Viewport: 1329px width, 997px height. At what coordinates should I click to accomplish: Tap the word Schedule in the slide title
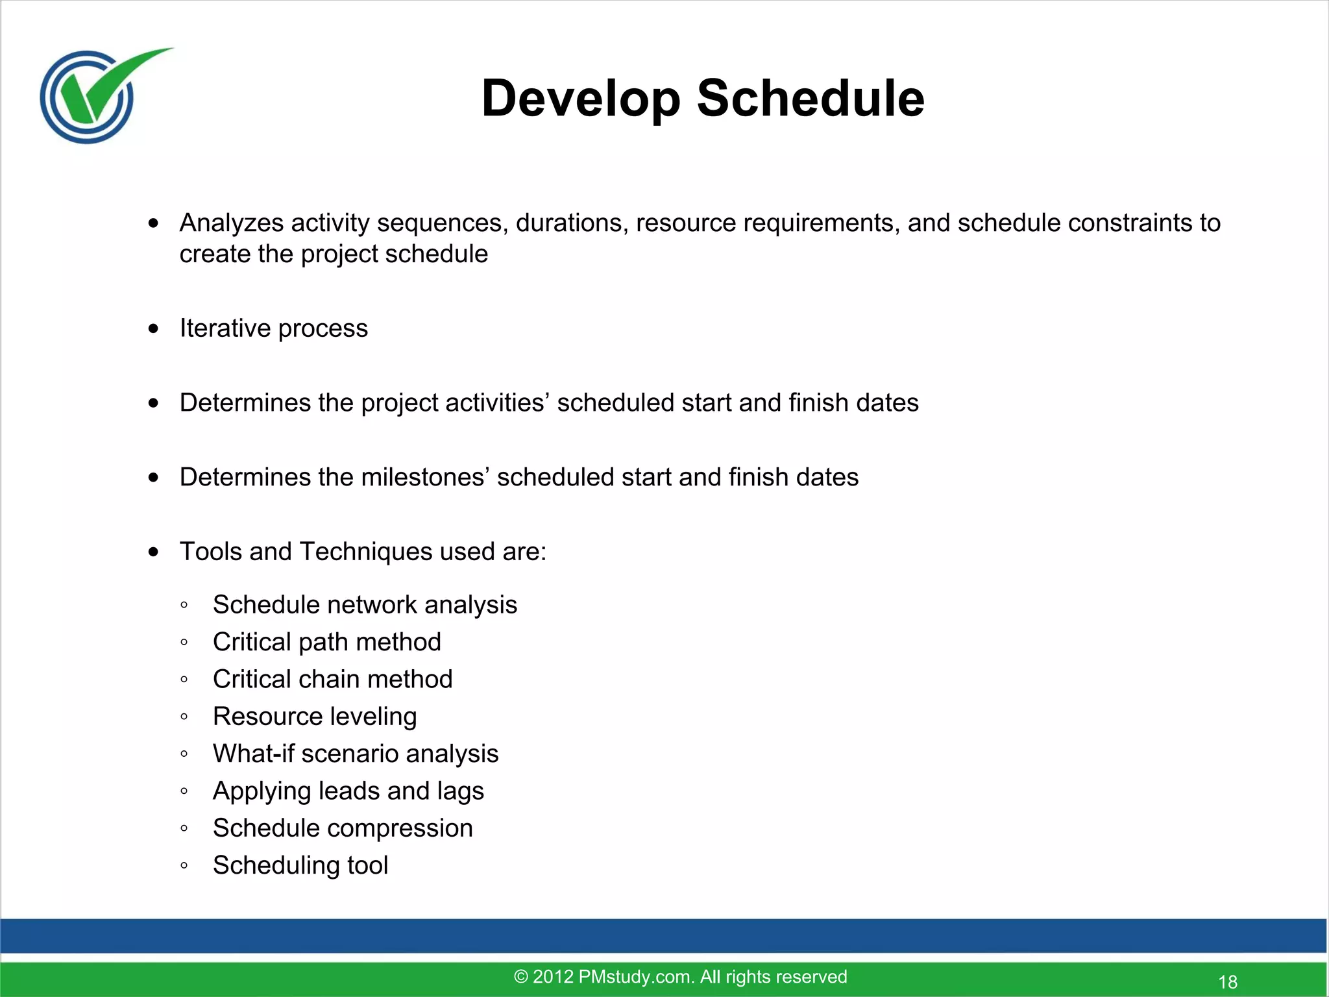point(811,99)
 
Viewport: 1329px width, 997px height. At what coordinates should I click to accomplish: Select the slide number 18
point(1228,982)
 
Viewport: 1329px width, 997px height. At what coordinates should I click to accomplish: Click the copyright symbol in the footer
point(520,977)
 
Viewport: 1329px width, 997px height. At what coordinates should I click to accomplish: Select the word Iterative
point(225,328)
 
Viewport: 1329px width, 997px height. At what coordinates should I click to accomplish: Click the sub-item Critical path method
point(327,642)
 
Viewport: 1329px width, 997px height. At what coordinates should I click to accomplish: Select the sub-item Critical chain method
point(332,680)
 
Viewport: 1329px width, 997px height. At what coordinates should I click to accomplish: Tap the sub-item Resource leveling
point(315,717)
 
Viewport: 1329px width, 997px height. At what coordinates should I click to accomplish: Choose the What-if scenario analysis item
point(356,754)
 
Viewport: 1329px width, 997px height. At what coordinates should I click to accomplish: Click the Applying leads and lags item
point(348,791)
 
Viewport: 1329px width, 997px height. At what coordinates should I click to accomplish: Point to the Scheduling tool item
point(300,865)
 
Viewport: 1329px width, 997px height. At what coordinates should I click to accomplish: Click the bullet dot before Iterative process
point(153,329)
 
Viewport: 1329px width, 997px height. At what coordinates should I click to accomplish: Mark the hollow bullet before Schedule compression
point(184,829)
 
